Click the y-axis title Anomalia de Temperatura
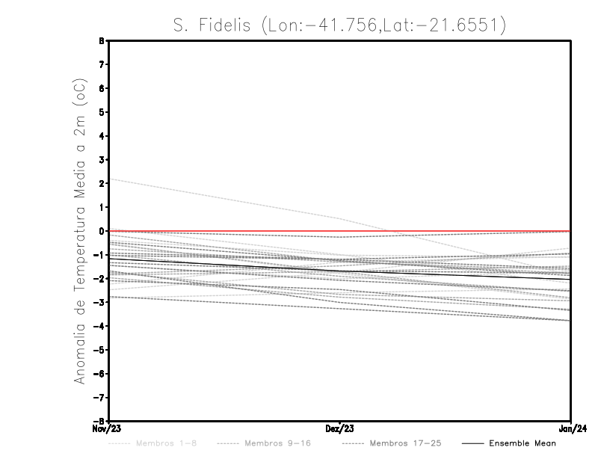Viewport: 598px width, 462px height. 81,232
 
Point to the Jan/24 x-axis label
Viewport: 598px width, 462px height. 571,430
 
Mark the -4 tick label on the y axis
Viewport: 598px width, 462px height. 99,326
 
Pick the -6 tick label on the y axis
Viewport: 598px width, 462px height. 99,373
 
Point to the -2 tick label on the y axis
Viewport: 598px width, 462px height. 99,278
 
